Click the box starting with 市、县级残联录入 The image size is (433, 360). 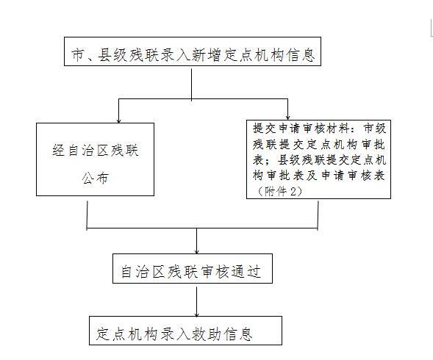point(193,51)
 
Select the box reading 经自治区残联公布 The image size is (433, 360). point(96,159)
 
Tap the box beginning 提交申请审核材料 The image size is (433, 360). point(318,159)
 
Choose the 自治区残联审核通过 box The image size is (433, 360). point(193,269)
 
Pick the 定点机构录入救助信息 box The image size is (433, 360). point(185,331)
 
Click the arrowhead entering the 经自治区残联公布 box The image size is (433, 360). point(119,121)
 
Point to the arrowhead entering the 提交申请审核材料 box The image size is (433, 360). point(287,118)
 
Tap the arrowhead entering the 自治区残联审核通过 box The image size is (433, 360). point(196,251)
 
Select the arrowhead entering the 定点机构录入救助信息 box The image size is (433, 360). point(196,314)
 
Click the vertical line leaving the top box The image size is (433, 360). point(191,84)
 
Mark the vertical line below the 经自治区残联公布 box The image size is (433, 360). point(87,215)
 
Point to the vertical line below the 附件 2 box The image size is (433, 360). point(318,215)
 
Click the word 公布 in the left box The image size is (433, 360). point(95,178)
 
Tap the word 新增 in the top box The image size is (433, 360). point(205,54)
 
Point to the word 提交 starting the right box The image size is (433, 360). point(265,129)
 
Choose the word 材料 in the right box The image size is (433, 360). point(339,129)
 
